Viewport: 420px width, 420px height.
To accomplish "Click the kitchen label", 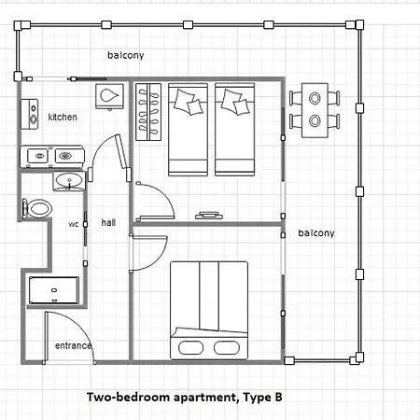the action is point(63,117).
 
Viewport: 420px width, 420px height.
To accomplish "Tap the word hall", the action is point(108,222).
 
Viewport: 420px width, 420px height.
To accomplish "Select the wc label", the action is point(74,224).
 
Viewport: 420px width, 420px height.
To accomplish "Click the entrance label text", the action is point(74,345).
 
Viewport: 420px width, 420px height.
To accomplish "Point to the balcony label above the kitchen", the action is point(126,55).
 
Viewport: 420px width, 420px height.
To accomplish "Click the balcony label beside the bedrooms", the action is point(316,233).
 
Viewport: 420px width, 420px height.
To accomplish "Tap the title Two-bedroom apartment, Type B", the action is point(185,398).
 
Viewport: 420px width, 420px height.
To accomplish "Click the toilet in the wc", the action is point(37,208).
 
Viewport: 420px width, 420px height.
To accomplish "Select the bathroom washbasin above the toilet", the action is point(69,181).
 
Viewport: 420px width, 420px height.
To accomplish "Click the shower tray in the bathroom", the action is point(54,290).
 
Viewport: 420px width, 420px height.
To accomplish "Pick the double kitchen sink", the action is point(52,156).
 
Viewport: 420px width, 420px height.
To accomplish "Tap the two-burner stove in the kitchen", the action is point(30,114).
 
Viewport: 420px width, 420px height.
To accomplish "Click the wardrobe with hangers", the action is point(148,112).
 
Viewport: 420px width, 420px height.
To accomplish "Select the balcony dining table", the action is point(315,110).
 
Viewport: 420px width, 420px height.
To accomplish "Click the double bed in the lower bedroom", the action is point(209,311).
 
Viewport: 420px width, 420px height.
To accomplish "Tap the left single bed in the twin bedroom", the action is point(188,130).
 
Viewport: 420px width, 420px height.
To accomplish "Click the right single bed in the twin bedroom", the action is point(235,130).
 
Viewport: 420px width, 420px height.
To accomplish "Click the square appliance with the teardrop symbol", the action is point(109,96).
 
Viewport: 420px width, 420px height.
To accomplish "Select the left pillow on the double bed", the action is point(190,347).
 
